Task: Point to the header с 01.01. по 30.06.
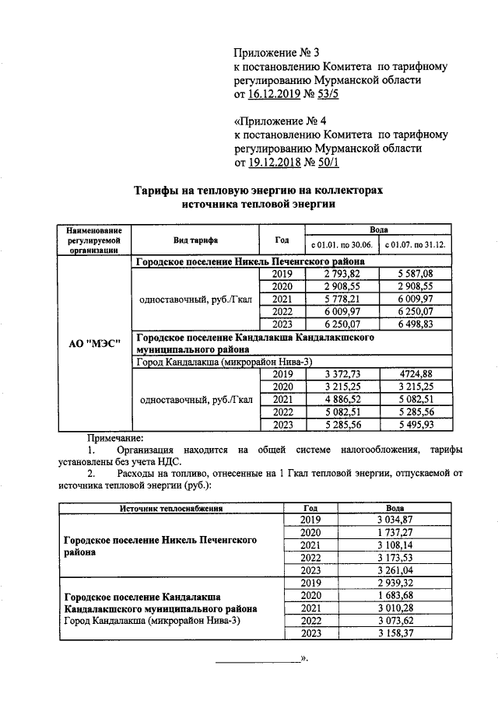point(340,246)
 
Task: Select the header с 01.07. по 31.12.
point(414,246)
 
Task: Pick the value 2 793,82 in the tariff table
point(340,274)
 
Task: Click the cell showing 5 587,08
point(414,274)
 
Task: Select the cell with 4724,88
point(414,374)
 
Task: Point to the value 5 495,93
point(414,425)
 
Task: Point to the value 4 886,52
point(340,400)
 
